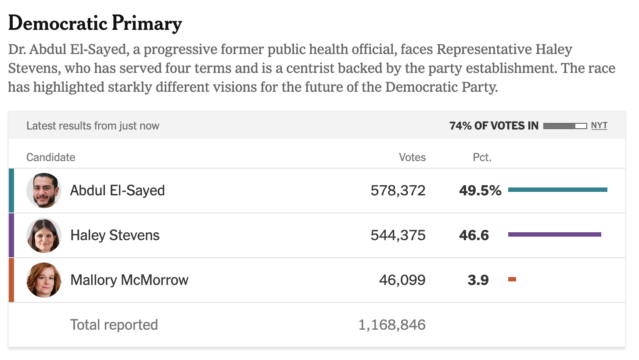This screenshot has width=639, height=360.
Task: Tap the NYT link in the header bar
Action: tap(599, 126)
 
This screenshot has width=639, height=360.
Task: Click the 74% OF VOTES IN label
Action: tap(494, 126)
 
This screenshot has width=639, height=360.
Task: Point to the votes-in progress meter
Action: tap(565, 126)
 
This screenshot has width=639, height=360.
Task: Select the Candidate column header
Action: tap(51, 157)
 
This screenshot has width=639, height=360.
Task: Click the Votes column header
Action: tap(412, 157)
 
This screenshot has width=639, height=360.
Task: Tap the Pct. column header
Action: tap(482, 157)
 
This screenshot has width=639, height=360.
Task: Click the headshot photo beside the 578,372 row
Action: tap(44, 190)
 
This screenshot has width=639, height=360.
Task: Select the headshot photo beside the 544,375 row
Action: tap(44, 235)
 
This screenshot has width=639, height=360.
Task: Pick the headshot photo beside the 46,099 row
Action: tap(44, 280)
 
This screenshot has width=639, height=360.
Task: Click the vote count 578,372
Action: tap(398, 191)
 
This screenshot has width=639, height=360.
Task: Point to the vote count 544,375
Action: tap(398, 235)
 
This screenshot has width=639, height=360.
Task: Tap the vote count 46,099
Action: tap(402, 280)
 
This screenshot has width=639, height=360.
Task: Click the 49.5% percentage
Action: tap(480, 191)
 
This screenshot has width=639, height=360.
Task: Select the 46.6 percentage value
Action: tap(474, 235)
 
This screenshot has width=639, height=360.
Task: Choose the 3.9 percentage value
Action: tap(478, 280)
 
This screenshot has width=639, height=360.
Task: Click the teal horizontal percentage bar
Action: tap(558, 190)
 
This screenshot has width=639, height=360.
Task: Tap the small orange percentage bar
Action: tap(512, 279)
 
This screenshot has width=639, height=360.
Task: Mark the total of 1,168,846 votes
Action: tap(391, 325)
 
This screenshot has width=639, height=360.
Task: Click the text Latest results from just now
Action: tap(93, 126)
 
